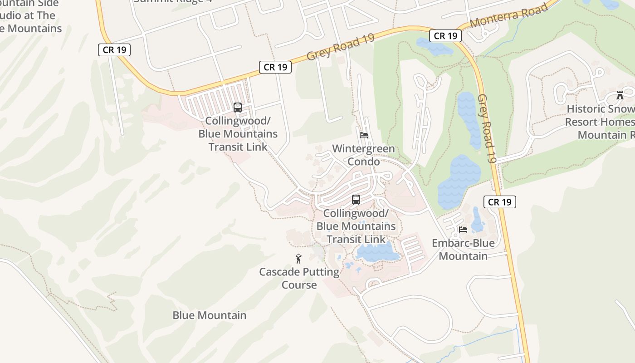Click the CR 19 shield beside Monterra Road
(x=445, y=36)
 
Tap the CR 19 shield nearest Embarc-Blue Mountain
(x=500, y=202)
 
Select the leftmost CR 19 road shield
(x=114, y=50)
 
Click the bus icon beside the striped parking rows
(x=237, y=108)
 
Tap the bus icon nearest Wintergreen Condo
(x=356, y=200)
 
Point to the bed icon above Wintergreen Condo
(x=363, y=135)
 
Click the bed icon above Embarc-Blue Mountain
(x=463, y=230)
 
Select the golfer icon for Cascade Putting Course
(x=298, y=259)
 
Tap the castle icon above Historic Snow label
(x=620, y=95)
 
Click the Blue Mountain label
(x=210, y=315)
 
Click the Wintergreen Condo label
(x=363, y=155)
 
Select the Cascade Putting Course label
(x=299, y=279)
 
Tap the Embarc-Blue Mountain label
(x=463, y=250)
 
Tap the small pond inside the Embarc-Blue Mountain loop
(x=477, y=221)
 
